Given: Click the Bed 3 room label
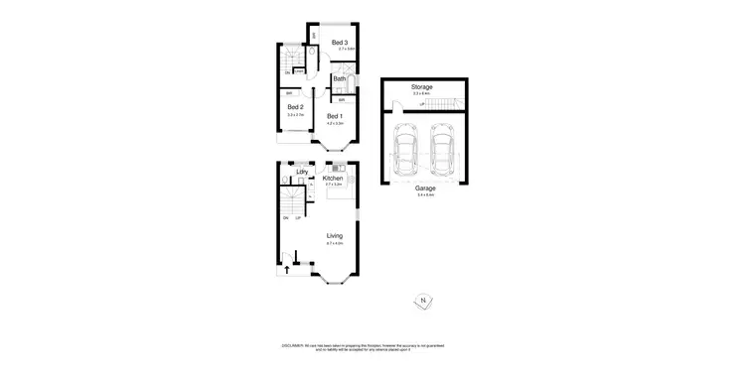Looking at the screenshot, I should click(x=339, y=42).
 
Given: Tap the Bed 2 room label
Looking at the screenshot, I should click(x=294, y=107).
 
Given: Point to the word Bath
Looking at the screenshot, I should click(x=339, y=78).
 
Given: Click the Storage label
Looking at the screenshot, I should click(x=422, y=86).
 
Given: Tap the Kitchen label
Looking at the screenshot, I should click(x=333, y=178).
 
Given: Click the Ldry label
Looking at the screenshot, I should click(x=301, y=172).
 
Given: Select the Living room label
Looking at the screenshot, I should click(x=334, y=235).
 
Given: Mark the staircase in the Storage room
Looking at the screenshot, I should click(x=444, y=102).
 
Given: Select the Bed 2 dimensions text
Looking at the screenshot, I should click(x=294, y=115).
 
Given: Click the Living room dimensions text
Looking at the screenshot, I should click(x=334, y=243).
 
